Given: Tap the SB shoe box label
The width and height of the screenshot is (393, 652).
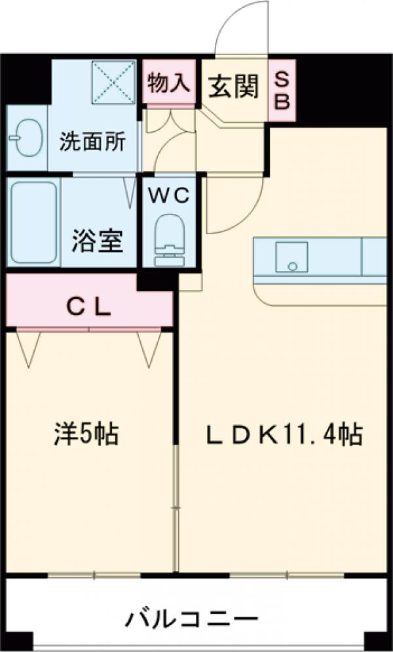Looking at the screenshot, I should pos(281,90).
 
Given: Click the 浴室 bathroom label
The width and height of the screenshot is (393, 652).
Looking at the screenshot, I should pos(96,241).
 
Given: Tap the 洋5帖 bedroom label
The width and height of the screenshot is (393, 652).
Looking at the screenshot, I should pos(86,434).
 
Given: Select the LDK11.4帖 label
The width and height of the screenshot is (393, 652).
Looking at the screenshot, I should pos(275,434).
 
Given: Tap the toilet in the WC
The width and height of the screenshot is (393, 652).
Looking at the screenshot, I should pos(168,239).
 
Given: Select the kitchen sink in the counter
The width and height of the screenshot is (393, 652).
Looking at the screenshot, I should pos(291,258).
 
